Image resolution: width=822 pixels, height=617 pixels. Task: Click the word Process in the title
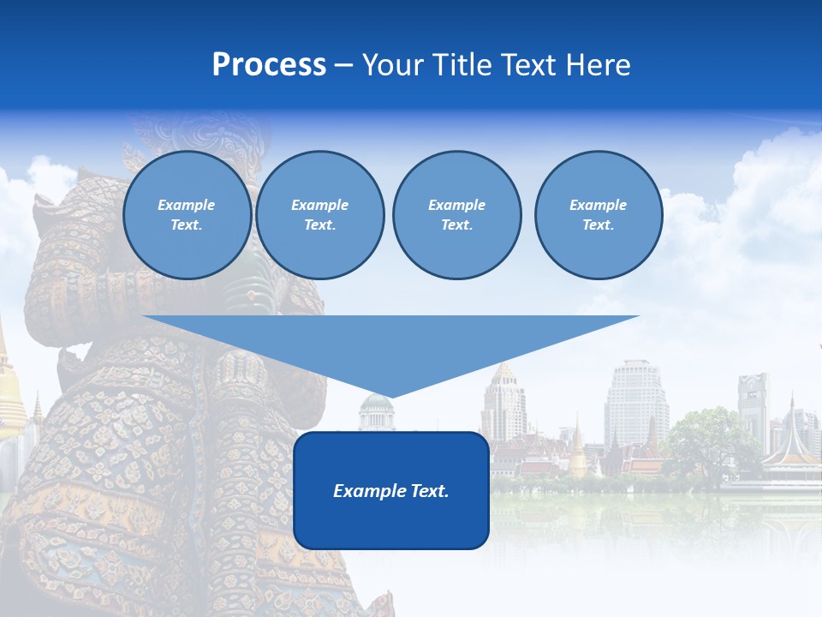click(269, 65)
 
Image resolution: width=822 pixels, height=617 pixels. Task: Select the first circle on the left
click(187, 215)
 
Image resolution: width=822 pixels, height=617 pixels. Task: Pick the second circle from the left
click(319, 215)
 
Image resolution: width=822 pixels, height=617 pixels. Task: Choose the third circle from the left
click(456, 215)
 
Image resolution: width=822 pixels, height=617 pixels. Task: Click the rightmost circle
click(598, 215)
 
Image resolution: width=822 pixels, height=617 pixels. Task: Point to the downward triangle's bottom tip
click(390, 395)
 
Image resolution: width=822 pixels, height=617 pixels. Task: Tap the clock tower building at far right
click(753, 403)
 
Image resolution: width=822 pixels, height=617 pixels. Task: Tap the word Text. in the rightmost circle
click(598, 225)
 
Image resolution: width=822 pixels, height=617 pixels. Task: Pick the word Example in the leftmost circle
click(187, 205)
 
